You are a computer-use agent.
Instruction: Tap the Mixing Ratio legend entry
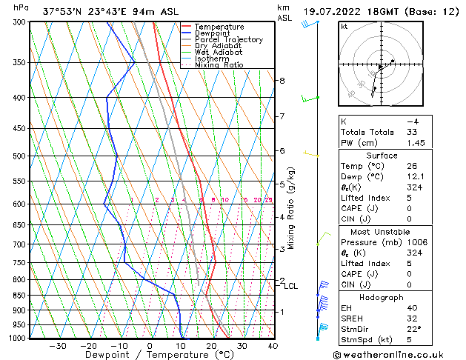219,65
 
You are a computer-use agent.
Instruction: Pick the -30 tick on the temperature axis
58,345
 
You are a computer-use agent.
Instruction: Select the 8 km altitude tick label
282,80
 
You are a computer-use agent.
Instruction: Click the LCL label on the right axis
291,286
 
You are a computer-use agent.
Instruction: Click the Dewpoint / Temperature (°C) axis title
149,355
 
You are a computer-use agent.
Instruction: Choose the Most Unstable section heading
382,232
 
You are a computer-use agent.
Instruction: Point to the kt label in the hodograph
344,26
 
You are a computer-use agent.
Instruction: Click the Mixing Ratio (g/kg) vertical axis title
291,208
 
